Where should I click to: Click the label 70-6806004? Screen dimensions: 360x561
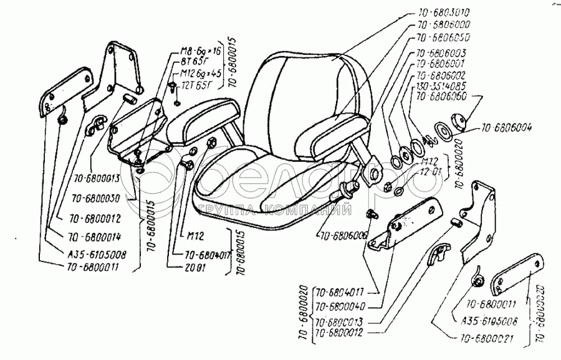point(506,130)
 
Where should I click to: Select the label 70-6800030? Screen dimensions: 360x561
point(95,199)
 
